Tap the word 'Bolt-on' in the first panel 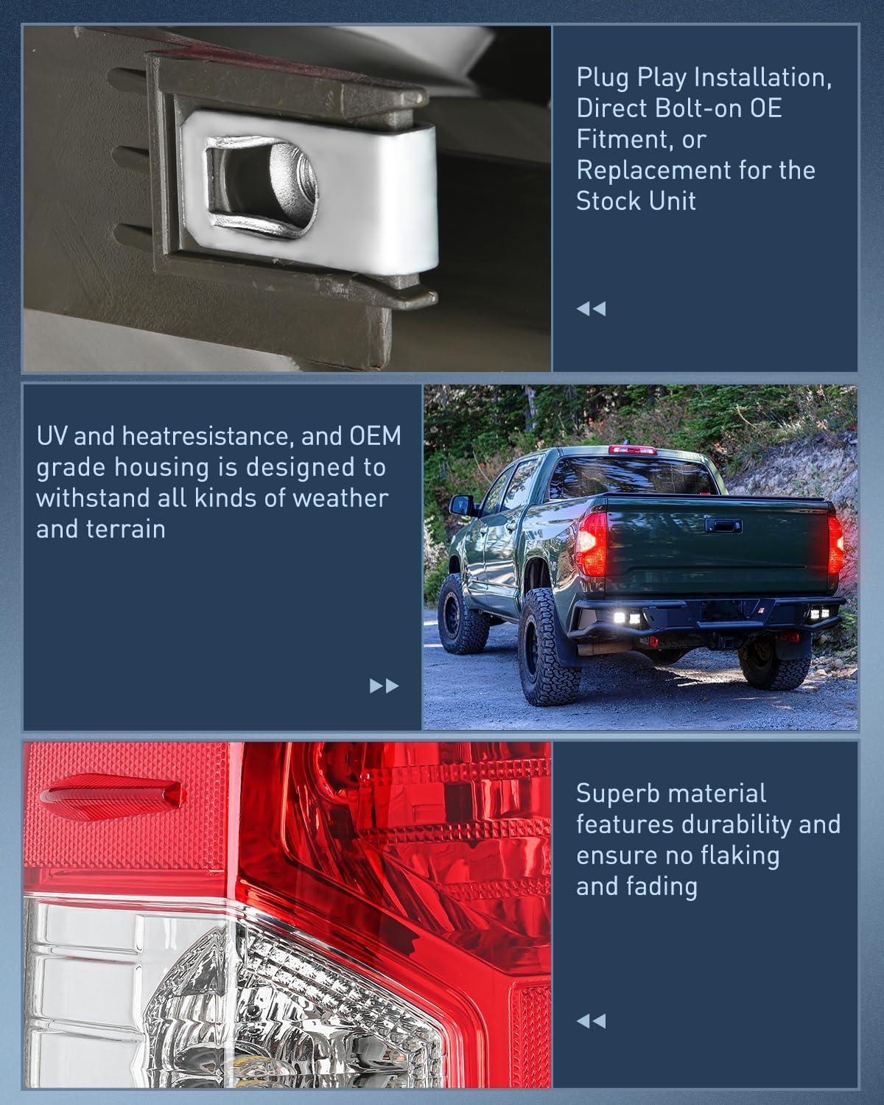pyautogui.click(x=699, y=108)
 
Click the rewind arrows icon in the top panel pyautogui.click(x=591, y=309)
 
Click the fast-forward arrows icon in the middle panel pyautogui.click(x=384, y=686)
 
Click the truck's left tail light pyautogui.click(x=592, y=544)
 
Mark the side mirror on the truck pyautogui.click(x=457, y=506)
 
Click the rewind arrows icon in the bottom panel pyautogui.click(x=591, y=1021)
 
